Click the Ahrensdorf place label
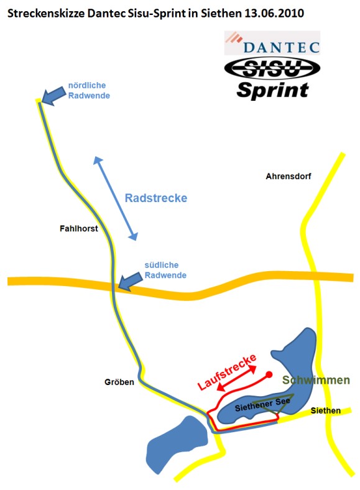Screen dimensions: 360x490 click(288, 176)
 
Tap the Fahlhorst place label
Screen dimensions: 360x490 click(79, 228)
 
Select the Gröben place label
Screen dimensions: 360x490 click(119, 382)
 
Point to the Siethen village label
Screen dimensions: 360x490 click(325, 410)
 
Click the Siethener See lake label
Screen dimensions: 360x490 click(262, 404)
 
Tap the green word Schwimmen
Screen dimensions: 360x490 click(316, 380)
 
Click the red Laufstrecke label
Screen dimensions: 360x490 click(227, 372)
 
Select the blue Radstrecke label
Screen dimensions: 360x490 click(156, 198)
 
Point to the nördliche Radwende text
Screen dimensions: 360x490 click(89, 90)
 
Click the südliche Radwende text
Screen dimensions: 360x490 click(165, 270)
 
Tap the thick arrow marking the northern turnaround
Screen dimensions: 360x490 click(53, 95)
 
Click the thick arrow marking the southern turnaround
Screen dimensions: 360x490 click(131, 281)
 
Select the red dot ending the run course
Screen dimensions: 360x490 click(269, 374)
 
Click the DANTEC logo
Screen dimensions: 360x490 click(272, 43)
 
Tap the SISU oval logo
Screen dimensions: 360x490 click(272, 68)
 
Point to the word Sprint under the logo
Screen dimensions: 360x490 click(272, 91)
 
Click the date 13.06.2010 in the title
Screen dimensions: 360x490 click(274, 13)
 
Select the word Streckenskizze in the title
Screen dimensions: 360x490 click(45, 14)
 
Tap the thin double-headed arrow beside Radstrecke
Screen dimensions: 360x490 click(116, 198)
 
